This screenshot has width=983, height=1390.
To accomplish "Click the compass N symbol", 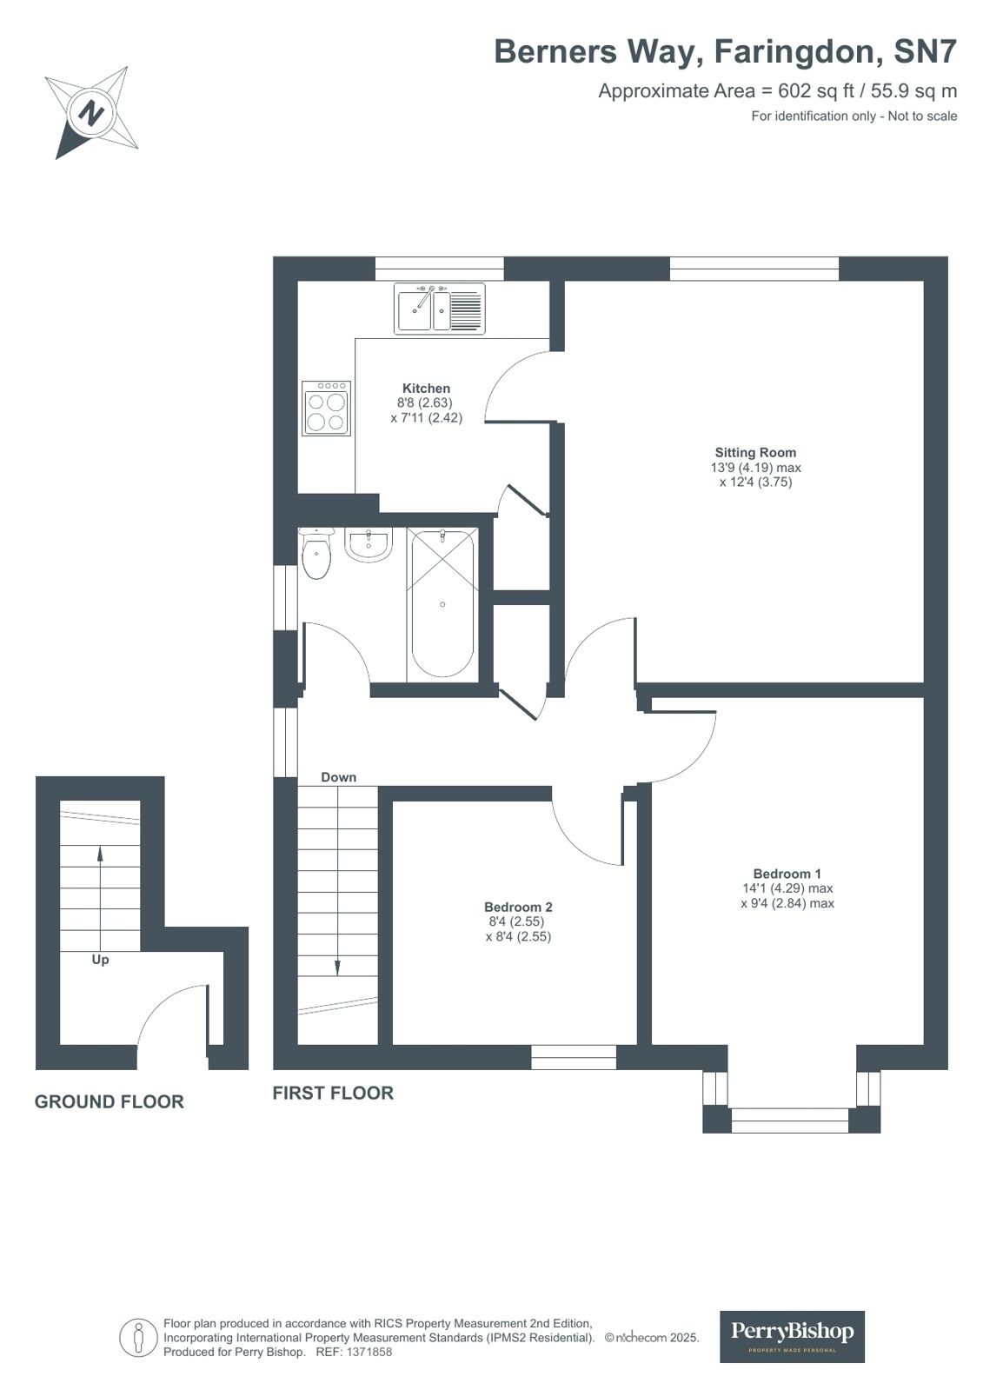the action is tap(92, 113).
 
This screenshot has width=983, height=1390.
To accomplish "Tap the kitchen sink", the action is tap(440, 309).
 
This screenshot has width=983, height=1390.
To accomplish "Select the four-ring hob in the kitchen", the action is tap(327, 409).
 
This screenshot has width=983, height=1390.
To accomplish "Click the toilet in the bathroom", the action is tap(316, 553).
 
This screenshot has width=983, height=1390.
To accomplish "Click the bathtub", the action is tap(442, 603).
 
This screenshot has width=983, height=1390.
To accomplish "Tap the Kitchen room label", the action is tap(427, 389).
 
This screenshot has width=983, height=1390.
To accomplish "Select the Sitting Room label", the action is tap(755, 452).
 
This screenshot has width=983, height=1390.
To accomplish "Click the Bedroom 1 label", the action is tap(787, 874).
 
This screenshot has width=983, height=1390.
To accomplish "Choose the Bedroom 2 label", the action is tap(518, 908).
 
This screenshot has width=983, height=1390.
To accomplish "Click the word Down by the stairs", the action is tap(338, 777).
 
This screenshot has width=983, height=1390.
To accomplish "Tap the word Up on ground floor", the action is tap(100, 960).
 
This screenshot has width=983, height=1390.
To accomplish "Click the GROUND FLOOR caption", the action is tap(110, 1102).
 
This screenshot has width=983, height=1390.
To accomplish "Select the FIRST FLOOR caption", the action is tap(333, 1094).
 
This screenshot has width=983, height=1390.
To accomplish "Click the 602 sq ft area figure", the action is tap(816, 90).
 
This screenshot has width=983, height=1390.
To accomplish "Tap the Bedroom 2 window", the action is tap(574, 1057).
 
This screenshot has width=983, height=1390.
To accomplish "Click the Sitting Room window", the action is tap(754, 269).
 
